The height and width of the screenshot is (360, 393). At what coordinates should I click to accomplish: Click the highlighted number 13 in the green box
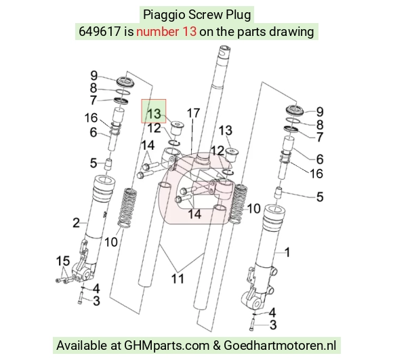[154, 114]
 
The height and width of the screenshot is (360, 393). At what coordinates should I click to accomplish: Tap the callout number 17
[194, 113]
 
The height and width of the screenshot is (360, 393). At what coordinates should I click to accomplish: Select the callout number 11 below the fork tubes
[178, 279]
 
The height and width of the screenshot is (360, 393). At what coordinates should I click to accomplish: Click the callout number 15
[63, 261]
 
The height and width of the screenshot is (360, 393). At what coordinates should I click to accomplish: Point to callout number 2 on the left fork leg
[76, 222]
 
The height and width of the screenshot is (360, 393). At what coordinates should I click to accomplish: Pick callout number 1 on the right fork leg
[287, 252]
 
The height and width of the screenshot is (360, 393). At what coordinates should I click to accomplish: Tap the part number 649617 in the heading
[100, 32]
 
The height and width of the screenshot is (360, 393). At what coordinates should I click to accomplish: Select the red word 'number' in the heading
[157, 32]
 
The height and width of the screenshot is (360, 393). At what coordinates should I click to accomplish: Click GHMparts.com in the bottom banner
[167, 346]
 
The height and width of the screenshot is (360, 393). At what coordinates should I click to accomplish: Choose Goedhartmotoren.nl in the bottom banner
[279, 345]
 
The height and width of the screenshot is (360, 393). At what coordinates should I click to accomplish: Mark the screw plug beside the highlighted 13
[177, 128]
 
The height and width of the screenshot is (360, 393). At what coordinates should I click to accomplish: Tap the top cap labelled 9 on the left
[125, 81]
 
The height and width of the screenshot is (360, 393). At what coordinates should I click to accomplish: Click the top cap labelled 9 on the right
[295, 110]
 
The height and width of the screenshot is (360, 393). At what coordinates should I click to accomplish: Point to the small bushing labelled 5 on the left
[108, 164]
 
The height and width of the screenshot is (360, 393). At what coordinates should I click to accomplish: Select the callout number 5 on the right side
[320, 197]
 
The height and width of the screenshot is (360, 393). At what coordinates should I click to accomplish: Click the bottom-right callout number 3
[273, 325]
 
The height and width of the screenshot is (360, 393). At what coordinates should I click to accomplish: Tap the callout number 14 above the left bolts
[148, 145]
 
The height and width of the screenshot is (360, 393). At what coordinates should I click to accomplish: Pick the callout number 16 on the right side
[316, 174]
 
